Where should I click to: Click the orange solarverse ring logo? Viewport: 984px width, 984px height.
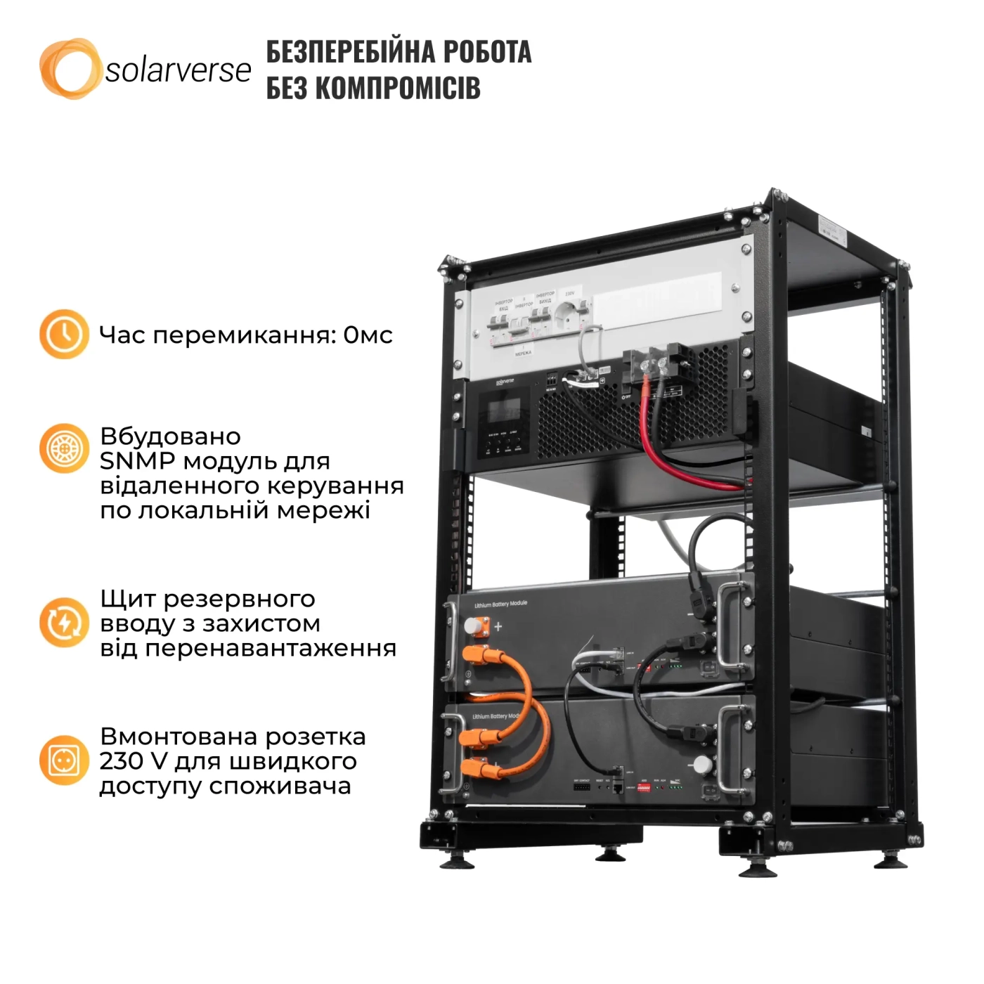coord(68,68)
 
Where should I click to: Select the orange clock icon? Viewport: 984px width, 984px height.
coord(64,334)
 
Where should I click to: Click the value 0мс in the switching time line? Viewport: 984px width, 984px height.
coord(368,335)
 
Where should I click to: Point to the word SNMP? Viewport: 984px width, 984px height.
coord(134,461)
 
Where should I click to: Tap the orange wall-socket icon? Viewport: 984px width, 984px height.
coord(64,760)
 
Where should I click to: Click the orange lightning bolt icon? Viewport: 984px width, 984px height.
coord(64,622)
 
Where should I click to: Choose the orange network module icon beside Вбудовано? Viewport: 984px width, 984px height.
coord(64,448)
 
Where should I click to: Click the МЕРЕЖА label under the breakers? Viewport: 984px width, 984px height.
coord(523,353)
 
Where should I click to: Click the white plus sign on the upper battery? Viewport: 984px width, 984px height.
coord(498,626)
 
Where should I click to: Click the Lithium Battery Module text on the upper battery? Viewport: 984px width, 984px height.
coord(500,604)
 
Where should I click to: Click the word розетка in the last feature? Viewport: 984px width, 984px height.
coord(323,737)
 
